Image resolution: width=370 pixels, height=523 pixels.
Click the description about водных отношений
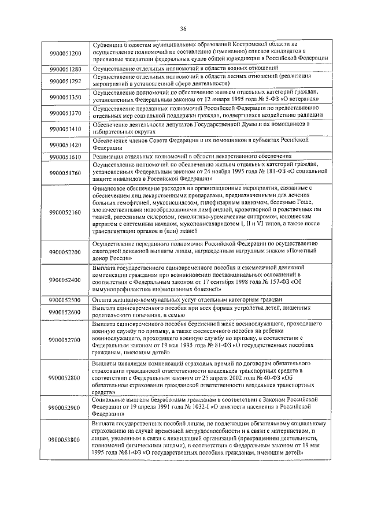[173, 69]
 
